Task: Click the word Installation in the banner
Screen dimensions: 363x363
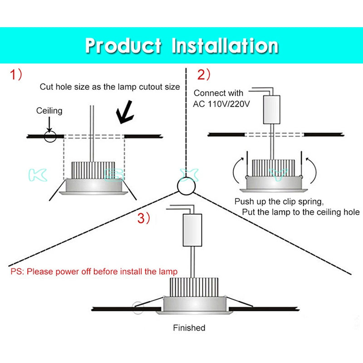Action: pos(225,46)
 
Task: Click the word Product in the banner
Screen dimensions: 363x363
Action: pos(123,46)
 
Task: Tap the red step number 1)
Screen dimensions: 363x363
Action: pos(16,75)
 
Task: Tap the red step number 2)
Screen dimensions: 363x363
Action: pos(204,75)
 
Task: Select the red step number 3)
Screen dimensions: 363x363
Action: pos(143,219)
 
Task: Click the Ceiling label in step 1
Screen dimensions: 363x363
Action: pos(49,111)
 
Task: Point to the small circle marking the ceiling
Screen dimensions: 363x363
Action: pos(50,136)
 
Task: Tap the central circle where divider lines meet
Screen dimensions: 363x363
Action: pos(186,186)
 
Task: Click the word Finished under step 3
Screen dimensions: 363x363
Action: pos(189,328)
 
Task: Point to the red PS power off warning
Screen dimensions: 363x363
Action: pos(94,272)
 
